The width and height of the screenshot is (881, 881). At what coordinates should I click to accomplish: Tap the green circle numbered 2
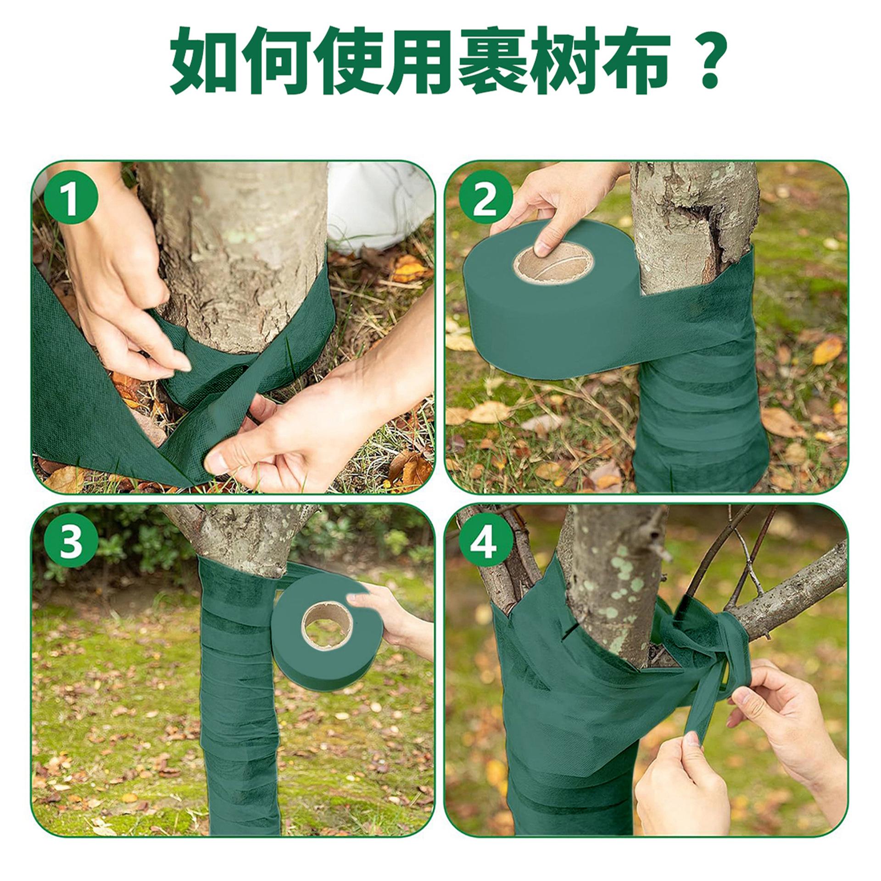click(485, 202)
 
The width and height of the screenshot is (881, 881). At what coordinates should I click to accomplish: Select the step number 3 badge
click(71, 544)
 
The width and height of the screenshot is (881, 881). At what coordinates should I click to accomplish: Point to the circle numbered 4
click(485, 544)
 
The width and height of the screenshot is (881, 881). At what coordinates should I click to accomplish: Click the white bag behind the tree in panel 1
click(381, 206)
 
